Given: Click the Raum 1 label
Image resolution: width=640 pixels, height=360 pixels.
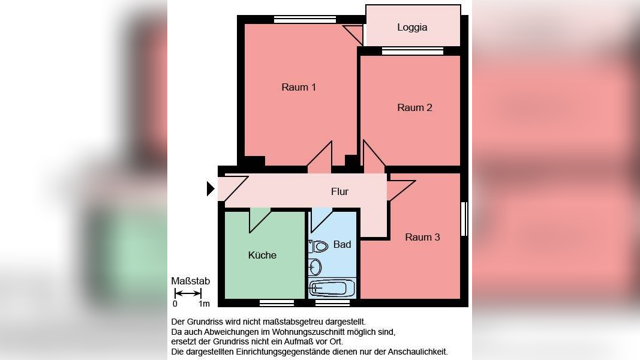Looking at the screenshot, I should point(299,88).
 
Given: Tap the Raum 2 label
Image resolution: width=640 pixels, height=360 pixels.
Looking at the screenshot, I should point(414,108).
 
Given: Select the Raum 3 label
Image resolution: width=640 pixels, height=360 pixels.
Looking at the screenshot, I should point(422,238).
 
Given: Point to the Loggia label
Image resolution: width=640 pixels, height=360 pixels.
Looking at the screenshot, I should point(412,28).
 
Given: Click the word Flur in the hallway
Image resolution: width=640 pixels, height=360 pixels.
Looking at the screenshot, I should point(339,192).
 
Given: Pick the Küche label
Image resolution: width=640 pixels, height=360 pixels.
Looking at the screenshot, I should point(262,256).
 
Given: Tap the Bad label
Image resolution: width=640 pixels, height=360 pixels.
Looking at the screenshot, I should point(342,245).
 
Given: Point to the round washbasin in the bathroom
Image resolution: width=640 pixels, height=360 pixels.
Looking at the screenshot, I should point(315,266).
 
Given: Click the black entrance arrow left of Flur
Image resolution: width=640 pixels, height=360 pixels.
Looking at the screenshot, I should point(211,189).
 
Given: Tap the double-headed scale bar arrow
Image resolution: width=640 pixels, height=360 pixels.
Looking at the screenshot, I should point(188,293).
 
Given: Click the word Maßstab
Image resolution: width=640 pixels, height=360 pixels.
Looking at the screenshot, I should point(190,281).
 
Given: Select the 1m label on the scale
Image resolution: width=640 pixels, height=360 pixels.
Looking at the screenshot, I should point(204,304).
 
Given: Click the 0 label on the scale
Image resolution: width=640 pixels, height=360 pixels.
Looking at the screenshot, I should point(175,304).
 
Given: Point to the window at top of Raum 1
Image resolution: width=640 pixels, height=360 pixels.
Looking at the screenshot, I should point(305,19).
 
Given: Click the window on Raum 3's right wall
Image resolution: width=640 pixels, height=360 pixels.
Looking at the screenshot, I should point(463,219).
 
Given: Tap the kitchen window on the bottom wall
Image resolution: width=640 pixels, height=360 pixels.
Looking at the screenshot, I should point(277,303).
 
